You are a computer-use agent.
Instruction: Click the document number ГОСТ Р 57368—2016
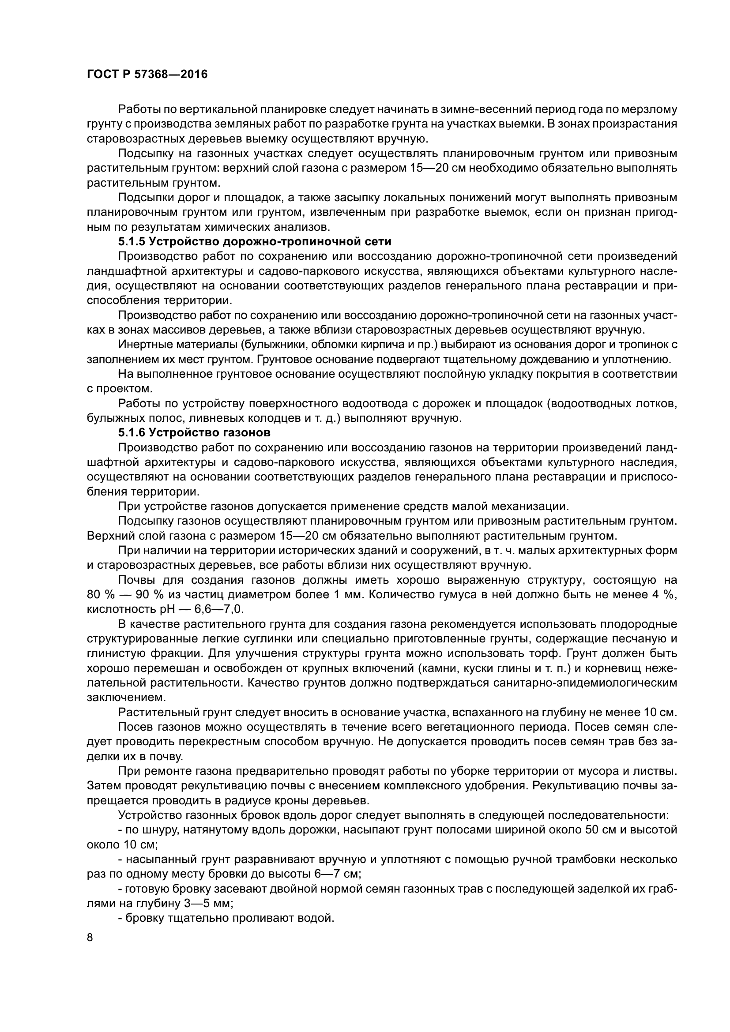(x=147, y=74)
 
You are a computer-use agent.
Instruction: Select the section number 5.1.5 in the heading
(x=132, y=242)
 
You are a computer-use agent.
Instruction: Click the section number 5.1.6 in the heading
(x=132, y=433)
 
